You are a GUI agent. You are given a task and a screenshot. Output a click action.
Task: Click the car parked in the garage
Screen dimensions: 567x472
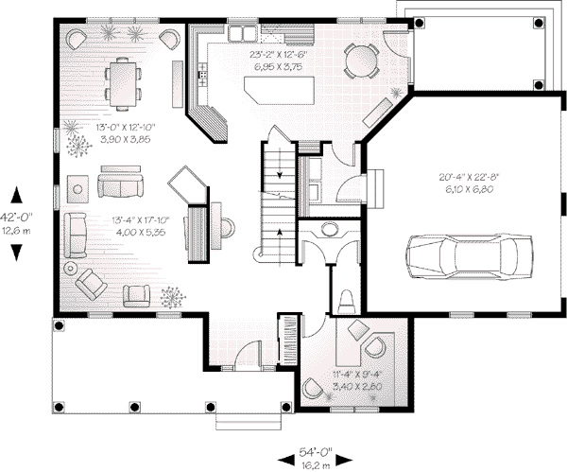pyautogui.click(x=469, y=256)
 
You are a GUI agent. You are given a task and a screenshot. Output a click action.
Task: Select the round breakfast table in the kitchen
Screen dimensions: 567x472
pyautogui.click(x=361, y=61)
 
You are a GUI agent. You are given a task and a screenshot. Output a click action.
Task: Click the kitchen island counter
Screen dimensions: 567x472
pyautogui.click(x=279, y=91)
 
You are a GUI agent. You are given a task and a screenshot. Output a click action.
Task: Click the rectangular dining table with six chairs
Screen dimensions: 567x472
pyautogui.click(x=123, y=84)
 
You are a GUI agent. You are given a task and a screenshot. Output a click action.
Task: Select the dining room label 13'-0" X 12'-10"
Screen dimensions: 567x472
pyautogui.click(x=126, y=128)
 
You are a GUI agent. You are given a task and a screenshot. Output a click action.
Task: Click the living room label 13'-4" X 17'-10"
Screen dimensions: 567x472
pyautogui.click(x=141, y=220)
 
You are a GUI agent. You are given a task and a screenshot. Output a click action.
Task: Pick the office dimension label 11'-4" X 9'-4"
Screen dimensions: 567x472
pyautogui.click(x=357, y=375)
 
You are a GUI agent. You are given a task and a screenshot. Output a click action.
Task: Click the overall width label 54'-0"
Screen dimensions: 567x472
pyautogui.click(x=316, y=452)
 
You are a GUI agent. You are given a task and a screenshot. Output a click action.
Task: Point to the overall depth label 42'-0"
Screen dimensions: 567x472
pyautogui.click(x=16, y=218)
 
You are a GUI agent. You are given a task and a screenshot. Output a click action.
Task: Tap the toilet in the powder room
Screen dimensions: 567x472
pyautogui.click(x=346, y=302)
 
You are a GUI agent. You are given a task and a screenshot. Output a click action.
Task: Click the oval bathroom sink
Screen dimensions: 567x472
pyautogui.click(x=329, y=230)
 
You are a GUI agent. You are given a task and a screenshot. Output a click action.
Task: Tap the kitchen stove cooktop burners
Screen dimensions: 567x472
pyautogui.click(x=202, y=75)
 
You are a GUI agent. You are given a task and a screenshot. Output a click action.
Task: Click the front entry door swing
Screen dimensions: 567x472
pyautogui.click(x=248, y=356)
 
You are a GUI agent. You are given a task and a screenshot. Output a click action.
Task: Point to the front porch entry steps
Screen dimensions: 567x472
pyautogui.click(x=249, y=421)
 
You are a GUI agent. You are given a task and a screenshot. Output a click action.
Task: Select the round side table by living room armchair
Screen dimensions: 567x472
pyautogui.click(x=71, y=269)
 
